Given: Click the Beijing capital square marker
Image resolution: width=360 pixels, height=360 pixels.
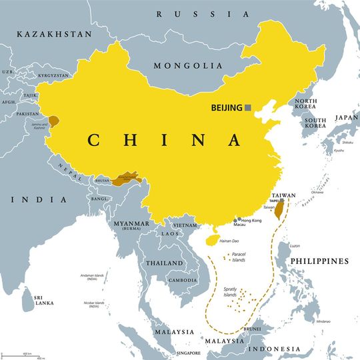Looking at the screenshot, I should coord(248,107).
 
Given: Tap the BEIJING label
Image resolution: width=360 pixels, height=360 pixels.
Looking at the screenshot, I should coord(226,107).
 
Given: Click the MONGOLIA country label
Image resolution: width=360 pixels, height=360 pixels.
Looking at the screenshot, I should coord(188,66).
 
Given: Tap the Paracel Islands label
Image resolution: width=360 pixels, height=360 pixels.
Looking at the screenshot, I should coord(238,257).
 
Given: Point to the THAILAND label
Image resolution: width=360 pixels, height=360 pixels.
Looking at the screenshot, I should coord(164,263).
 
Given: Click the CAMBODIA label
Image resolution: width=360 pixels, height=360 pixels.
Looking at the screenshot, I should coord(183,281).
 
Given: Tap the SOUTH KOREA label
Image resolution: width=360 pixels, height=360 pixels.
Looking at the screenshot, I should coord(315,123).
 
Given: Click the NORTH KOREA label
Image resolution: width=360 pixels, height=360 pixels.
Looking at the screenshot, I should coord(306,105).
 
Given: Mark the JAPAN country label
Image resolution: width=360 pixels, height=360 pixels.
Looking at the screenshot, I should coord(346,117).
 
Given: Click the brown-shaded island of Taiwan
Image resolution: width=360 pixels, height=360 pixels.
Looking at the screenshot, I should coord(280,211).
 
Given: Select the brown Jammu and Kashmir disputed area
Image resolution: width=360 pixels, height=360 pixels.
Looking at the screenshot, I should coord(53,121).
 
